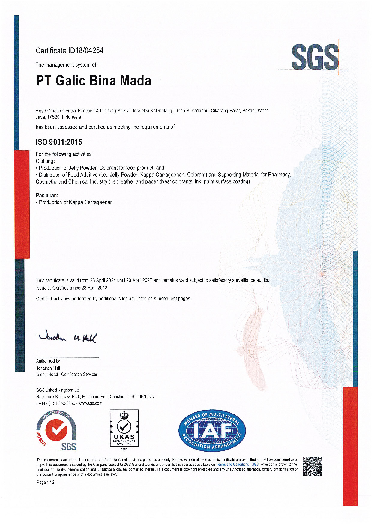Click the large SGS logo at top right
pos(315,57)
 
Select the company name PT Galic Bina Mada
pos(94,81)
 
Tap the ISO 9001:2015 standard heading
pos(59,142)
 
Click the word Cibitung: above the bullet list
pos(45,161)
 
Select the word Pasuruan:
pos(47,195)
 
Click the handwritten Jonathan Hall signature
pos(68,337)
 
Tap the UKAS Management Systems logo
pos(124,429)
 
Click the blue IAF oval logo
pos(212,431)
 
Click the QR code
pos(312,466)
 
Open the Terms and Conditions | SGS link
pos(237,464)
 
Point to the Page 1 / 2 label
pos(46,482)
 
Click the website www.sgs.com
pos(90,403)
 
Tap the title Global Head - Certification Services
pos(67,374)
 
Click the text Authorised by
pos(48,361)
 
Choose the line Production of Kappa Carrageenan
pos(76,202)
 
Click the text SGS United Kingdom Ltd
pos(58,390)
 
